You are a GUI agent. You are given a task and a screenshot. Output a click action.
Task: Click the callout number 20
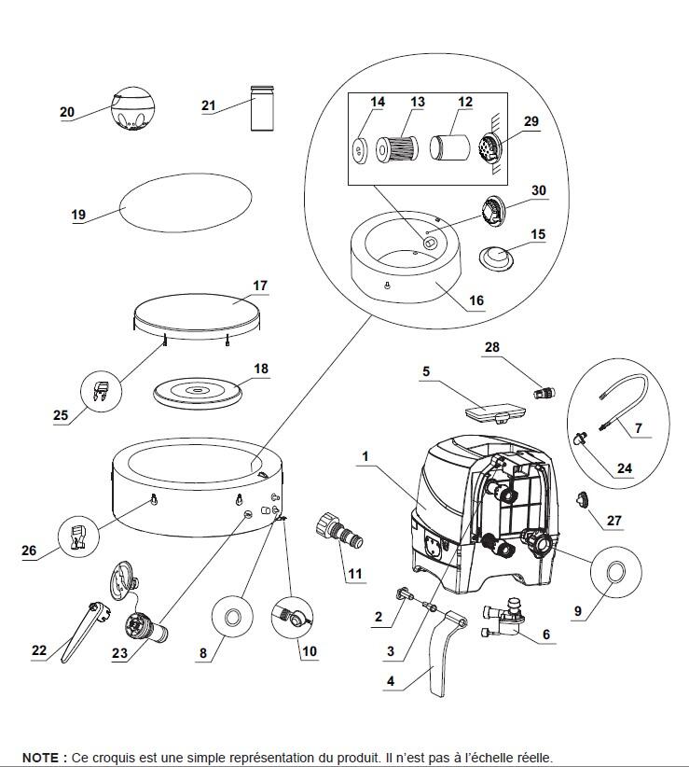pyautogui.click(x=67, y=112)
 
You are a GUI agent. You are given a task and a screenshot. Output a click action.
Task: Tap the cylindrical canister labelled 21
pyautogui.click(x=262, y=108)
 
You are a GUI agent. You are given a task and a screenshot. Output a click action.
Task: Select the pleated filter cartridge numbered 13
pyautogui.click(x=397, y=148)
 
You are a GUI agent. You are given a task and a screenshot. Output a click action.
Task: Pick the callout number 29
pyautogui.click(x=531, y=121)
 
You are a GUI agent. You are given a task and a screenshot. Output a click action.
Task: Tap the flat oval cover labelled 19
pyautogui.click(x=186, y=202)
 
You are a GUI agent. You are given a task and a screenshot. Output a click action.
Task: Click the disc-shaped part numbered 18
pyautogui.click(x=198, y=392)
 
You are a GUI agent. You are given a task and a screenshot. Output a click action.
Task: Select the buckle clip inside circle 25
pyautogui.click(x=101, y=392)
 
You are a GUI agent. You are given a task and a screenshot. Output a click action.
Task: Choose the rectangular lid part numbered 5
pyautogui.click(x=495, y=410)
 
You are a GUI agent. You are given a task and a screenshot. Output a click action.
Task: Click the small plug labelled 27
pyautogui.click(x=582, y=500)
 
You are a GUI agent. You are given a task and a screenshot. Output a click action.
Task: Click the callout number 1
pyautogui.click(x=365, y=457)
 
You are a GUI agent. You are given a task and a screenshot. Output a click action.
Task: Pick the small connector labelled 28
pyautogui.click(x=543, y=392)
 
